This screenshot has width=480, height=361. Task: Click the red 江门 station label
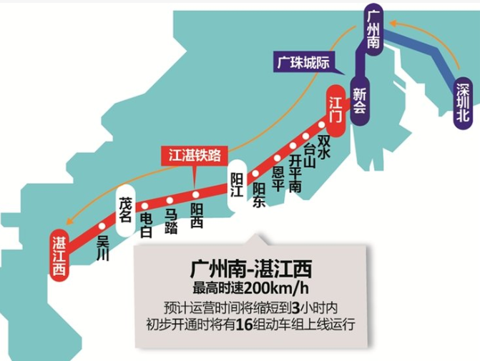pos(335,107)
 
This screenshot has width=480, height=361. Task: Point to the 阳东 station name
pos(259,195)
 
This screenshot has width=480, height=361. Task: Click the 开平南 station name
pos(295,169)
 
